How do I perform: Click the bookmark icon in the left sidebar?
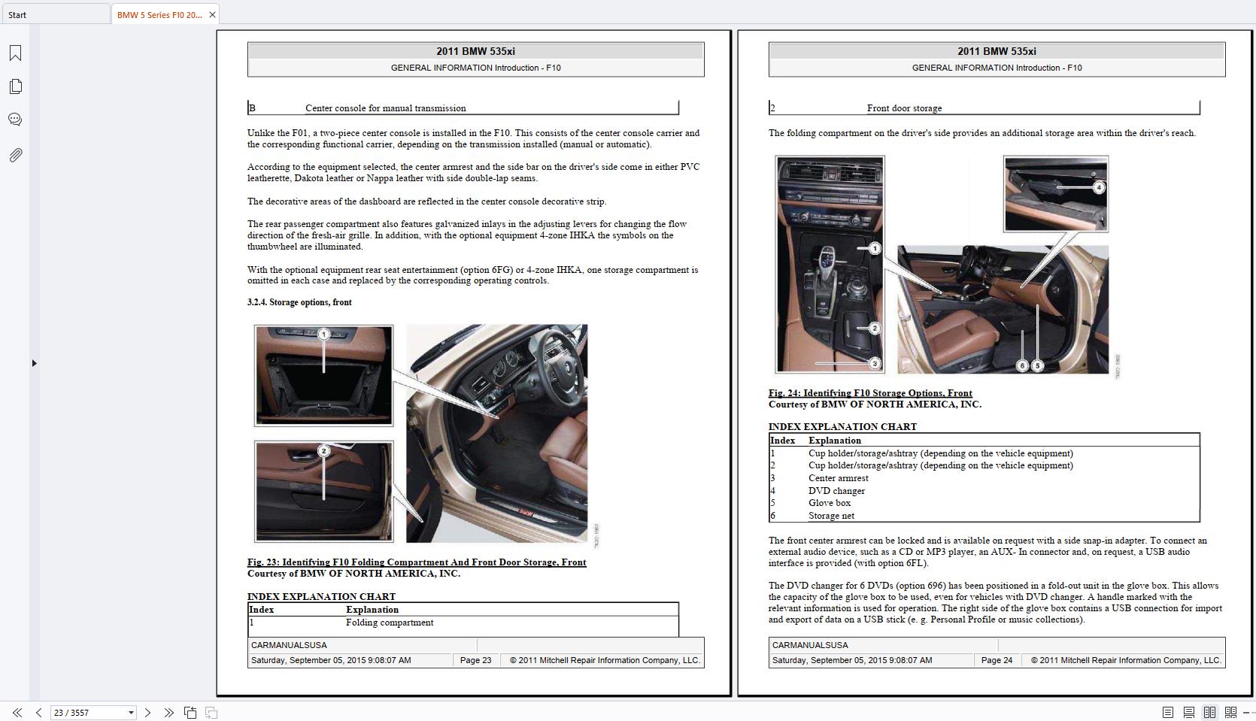coord(15,53)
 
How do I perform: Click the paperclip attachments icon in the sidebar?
coord(15,155)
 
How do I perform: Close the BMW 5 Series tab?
coord(212,14)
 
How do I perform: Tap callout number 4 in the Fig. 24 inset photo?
coord(1099,187)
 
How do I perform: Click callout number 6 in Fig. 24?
coord(1022,365)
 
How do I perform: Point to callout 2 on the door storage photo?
coord(323,451)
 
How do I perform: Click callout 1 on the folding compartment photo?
coord(323,334)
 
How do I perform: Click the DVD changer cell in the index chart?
coord(836,491)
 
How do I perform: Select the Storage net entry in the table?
coord(831,516)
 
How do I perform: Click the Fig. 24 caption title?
coord(870,393)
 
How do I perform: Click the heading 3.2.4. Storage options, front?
coord(299,302)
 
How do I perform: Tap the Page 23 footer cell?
coord(475,660)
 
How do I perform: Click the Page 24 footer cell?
coord(997,660)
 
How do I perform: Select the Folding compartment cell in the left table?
coord(390,623)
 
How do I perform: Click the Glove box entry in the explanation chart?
coord(830,503)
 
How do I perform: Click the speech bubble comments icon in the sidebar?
coord(15,120)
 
